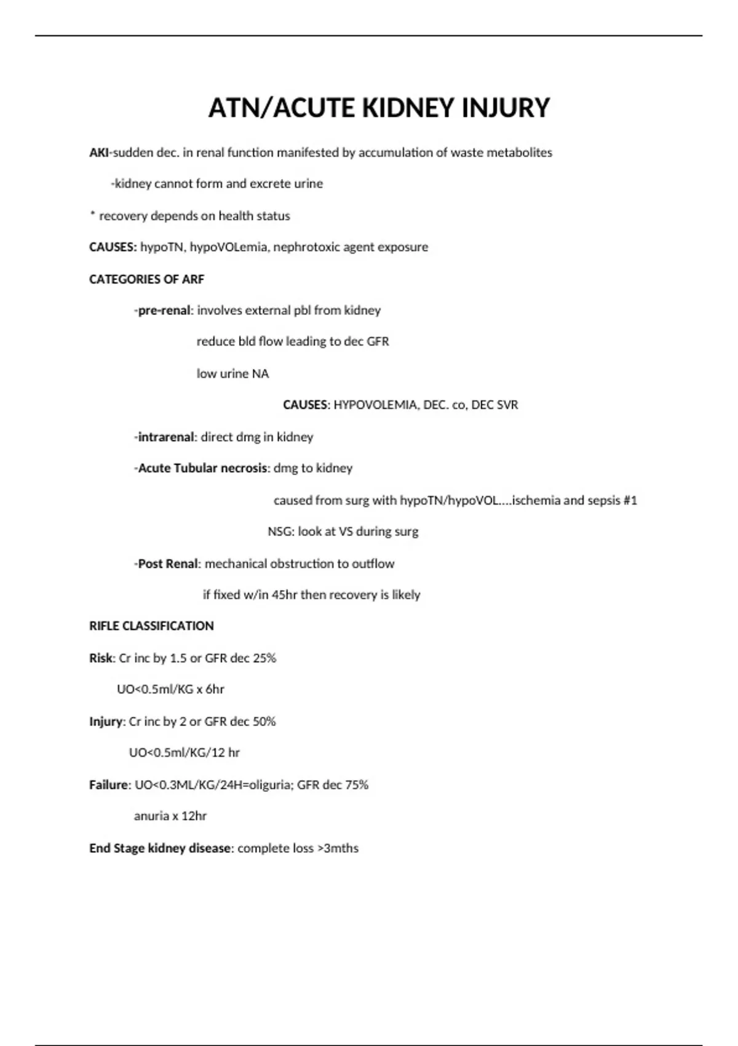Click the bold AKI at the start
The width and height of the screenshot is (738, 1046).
click(x=98, y=153)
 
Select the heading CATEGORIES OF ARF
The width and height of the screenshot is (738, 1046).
click(x=146, y=279)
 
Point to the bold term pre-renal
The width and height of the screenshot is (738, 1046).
click(x=164, y=311)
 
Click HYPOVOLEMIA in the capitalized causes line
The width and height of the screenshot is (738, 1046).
click(x=375, y=405)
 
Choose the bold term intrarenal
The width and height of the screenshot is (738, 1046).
click(x=165, y=437)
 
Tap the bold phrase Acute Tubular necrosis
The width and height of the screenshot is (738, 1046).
click(x=203, y=468)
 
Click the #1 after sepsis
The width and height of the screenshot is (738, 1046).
click(x=630, y=500)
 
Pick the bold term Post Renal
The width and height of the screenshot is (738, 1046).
click(x=167, y=564)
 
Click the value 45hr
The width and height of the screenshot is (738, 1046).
click(x=284, y=595)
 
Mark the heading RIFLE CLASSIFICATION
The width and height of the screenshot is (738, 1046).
click(x=151, y=626)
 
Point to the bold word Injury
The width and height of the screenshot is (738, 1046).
click(x=107, y=722)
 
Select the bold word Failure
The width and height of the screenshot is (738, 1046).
click(x=109, y=785)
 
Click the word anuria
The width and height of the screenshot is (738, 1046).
click(x=151, y=816)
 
